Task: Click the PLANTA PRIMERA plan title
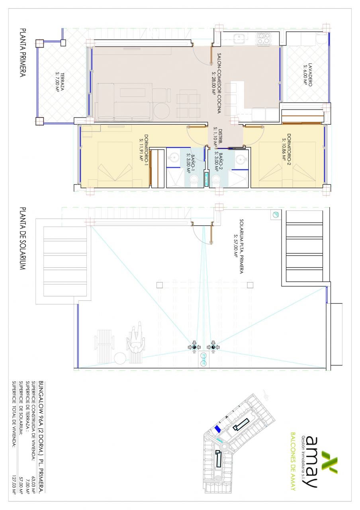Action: point(23,53)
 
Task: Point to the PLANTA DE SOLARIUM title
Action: point(23,238)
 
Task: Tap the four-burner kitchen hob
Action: point(264,38)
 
